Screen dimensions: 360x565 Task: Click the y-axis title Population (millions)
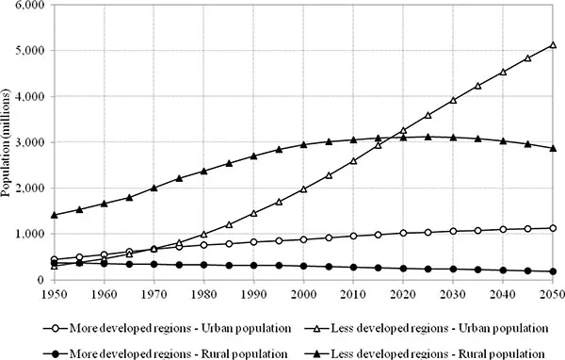pos(9,142)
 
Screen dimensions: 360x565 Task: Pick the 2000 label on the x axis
pos(303,293)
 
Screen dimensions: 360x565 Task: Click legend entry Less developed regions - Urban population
pos(428,327)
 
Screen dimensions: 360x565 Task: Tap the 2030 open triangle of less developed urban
pos(453,100)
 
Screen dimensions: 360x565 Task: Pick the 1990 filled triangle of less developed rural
pos(253,156)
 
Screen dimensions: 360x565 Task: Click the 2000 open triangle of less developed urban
pos(303,188)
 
